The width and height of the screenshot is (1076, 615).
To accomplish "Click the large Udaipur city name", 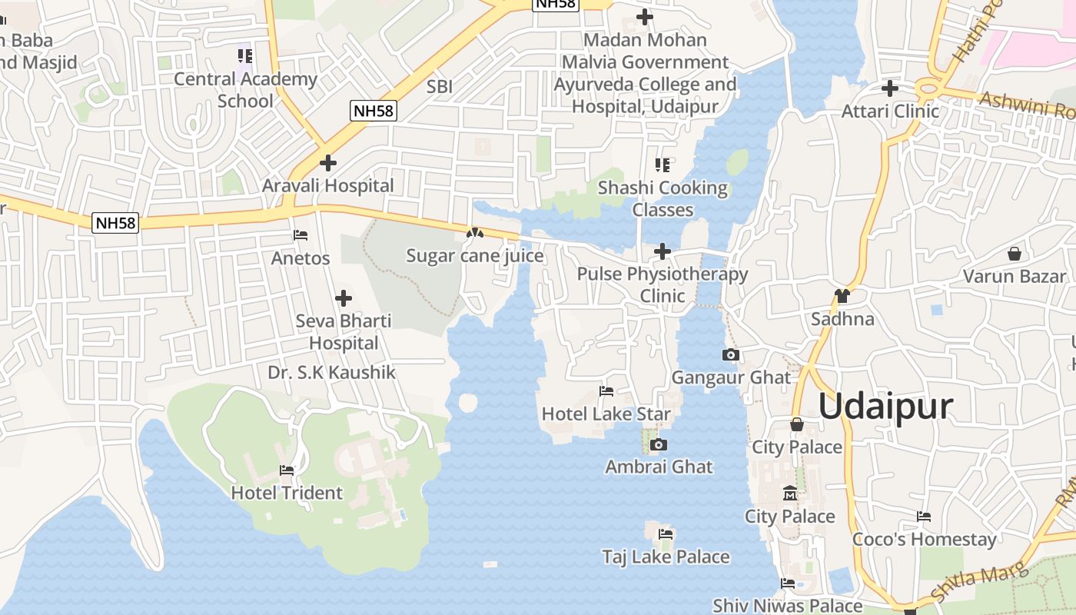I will click(885, 407).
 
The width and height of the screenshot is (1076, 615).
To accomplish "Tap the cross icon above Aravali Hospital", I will click(328, 163).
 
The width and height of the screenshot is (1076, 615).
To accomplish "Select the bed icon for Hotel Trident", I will click(287, 470).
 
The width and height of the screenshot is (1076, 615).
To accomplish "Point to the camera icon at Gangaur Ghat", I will click(731, 355).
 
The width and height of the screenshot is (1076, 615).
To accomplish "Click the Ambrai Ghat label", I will click(659, 467).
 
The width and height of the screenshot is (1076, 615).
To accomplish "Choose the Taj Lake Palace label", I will click(666, 557).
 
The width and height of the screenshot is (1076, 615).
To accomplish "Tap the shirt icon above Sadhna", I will click(842, 296).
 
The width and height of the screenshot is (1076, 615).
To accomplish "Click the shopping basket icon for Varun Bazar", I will click(1015, 254).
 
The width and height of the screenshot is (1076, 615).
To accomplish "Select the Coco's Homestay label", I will click(924, 539).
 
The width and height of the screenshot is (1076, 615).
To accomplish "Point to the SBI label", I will click(440, 88).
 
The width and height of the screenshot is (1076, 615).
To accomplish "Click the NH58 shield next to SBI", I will click(374, 111).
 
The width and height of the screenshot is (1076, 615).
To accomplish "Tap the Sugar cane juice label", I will click(475, 255).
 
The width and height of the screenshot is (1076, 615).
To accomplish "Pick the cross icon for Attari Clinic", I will click(890, 88).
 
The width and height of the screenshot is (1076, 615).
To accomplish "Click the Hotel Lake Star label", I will click(606, 414).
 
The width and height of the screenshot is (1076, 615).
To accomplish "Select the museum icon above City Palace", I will click(789, 494).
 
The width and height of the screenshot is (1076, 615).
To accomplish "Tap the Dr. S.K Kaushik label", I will click(331, 373).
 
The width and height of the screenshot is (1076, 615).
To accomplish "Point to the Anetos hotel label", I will click(301, 258).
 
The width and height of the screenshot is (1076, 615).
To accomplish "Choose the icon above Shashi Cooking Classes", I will click(663, 165).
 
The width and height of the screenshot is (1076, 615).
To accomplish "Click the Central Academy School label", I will click(245, 90).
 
